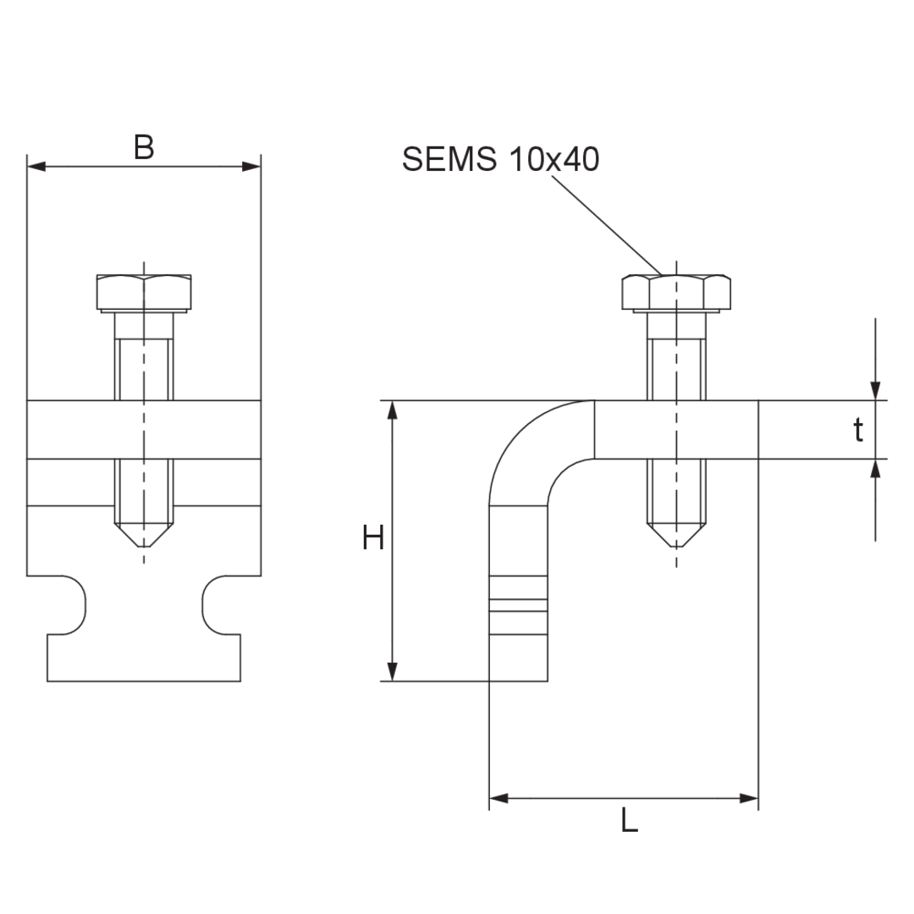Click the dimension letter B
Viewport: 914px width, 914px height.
pyautogui.click(x=144, y=147)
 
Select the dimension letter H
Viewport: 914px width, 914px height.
pyautogui.click(x=373, y=537)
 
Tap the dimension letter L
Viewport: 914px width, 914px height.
pyautogui.click(x=629, y=820)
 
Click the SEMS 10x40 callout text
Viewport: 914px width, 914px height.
pyautogui.click(x=501, y=158)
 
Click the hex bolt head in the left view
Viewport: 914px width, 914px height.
pyautogui.click(x=144, y=293)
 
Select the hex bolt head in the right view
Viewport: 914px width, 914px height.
pyautogui.click(x=676, y=293)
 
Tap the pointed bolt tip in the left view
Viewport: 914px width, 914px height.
pyautogui.click(x=144, y=535)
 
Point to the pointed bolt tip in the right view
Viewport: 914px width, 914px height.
pyautogui.click(x=676, y=535)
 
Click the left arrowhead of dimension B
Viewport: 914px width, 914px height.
pyautogui.click(x=36, y=167)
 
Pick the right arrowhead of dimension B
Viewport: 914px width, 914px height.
pyautogui.click(x=252, y=167)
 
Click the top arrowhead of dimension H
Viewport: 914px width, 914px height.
pyautogui.click(x=393, y=410)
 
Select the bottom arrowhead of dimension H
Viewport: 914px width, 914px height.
pyautogui.click(x=393, y=671)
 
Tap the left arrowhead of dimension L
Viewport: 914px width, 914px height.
pyautogui.click(x=498, y=798)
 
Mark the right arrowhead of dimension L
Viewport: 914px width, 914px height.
pyautogui.click(x=749, y=798)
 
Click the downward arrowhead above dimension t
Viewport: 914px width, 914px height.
pyautogui.click(x=875, y=391)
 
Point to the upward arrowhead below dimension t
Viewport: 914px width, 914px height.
pyautogui.click(x=875, y=468)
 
